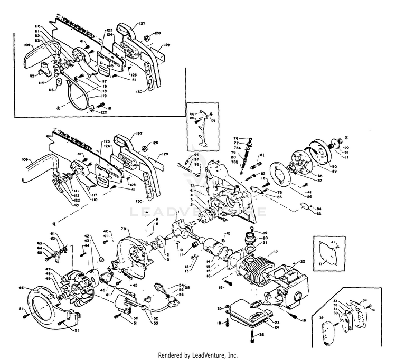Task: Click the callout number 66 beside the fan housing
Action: point(21,288)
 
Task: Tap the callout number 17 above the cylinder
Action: point(275,252)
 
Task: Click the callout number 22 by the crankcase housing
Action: point(303,262)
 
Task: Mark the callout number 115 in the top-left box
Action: point(33,76)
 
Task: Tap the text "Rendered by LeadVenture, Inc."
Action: point(197,354)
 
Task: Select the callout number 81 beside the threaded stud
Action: point(261,156)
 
